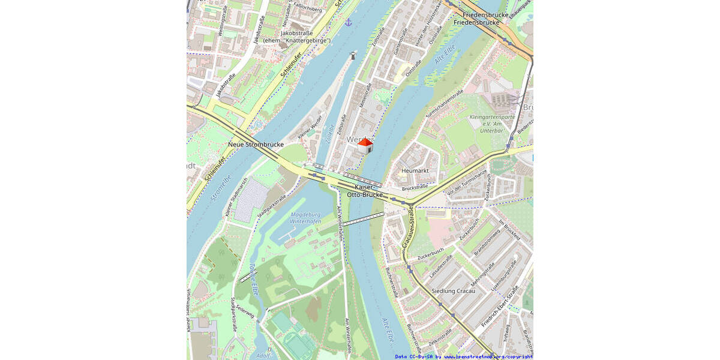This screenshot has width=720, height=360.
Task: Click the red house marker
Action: click(365, 145)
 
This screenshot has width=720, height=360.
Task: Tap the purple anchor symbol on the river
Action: click(348, 22)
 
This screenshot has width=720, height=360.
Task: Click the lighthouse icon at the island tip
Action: click(353, 56)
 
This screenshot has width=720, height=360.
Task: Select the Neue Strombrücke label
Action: click(256, 145)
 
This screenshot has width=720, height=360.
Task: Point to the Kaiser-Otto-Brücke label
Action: click(365, 191)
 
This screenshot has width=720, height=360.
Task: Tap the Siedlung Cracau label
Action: click(453, 291)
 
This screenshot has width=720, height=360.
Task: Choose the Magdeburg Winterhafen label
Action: click(305, 218)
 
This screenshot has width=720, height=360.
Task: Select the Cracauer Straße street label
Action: click(409, 228)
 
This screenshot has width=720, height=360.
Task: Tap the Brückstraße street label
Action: click(415, 188)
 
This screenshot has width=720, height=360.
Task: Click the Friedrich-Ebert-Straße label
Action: click(499, 307)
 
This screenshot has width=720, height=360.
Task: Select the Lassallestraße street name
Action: click(440, 264)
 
